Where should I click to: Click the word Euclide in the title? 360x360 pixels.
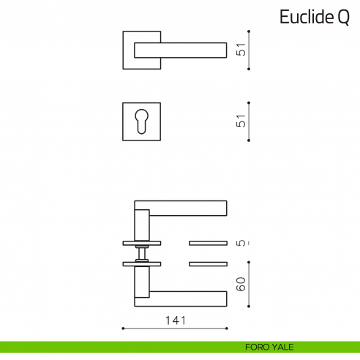point(307,18)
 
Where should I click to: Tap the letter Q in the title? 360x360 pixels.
point(343,18)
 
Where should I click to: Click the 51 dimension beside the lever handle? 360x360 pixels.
point(241,50)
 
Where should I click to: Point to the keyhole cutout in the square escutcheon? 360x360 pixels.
point(140,122)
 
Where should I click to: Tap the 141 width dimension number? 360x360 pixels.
point(176,320)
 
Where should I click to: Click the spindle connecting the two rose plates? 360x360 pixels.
point(142,252)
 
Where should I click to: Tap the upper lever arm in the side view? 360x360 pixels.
point(187,209)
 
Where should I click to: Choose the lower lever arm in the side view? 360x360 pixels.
point(187,298)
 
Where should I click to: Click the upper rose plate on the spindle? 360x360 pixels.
point(142,242)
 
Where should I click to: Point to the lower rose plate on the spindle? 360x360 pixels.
point(142,263)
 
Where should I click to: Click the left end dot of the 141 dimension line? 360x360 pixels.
point(123,329)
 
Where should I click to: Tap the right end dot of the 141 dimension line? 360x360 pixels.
point(228,329)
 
